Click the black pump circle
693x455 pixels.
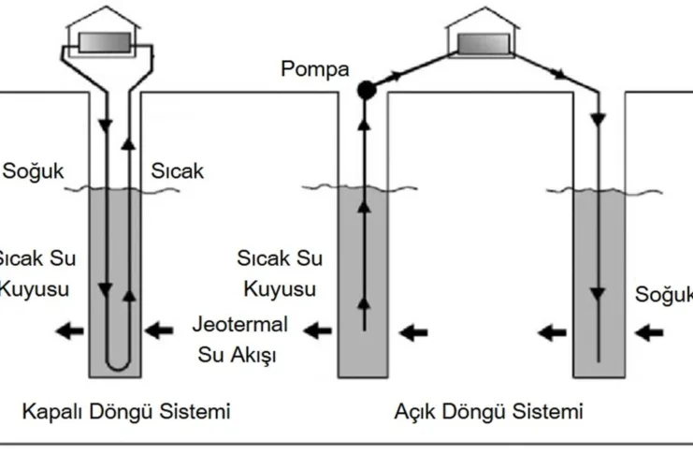[x=366, y=89]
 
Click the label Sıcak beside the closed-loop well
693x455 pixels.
[x=177, y=171]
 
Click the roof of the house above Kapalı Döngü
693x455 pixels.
[x=105, y=18]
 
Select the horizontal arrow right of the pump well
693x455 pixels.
[x=414, y=330]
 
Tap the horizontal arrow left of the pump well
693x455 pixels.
[x=321, y=330]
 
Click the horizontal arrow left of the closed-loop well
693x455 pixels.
[x=66, y=330]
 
